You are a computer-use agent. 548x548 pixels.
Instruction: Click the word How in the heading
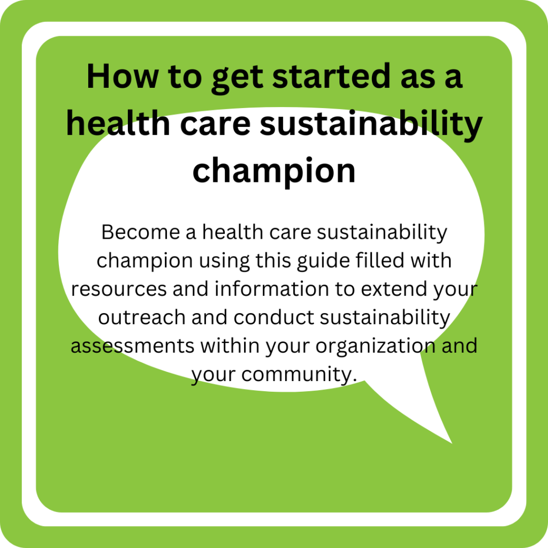(123, 76)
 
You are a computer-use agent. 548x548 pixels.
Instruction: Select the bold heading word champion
(274, 170)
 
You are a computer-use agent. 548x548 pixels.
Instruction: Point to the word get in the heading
(237, 79)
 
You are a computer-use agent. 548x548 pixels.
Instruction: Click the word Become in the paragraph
(141, 232)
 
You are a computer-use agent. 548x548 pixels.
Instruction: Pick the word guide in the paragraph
(324, 261)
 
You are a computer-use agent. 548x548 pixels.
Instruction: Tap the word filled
(380, 260)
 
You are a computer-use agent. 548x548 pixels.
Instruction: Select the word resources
(119, 290)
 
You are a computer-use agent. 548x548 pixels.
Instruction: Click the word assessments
(133, 346)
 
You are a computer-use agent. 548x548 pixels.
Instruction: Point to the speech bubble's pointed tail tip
(452, 443)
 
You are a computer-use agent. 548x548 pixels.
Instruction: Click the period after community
(354, 380)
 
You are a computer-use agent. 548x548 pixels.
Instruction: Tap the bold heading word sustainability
(371, 124)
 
